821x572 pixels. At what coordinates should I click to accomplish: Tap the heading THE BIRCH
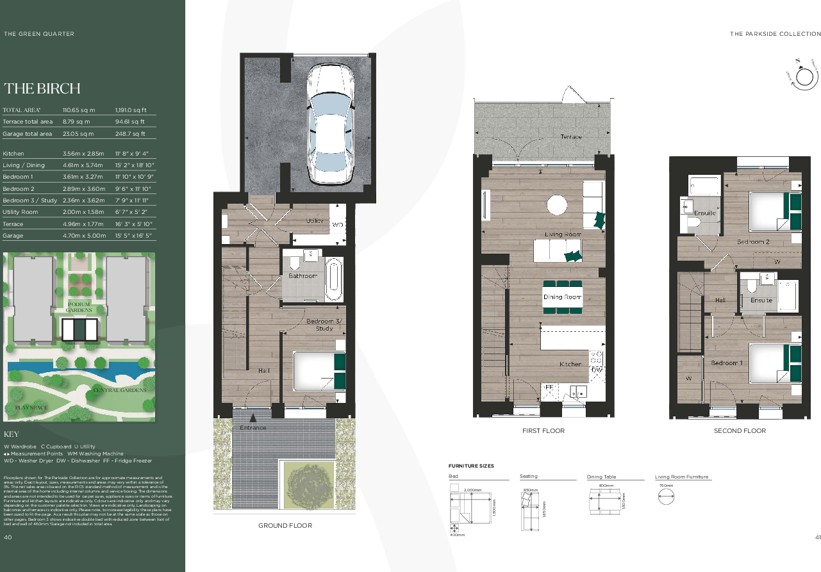coord(42,88)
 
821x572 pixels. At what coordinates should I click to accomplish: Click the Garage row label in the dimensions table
coord(13,236)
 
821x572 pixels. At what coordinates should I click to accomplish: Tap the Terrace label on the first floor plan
coord(571,137)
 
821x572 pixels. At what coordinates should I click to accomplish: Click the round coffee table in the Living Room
coord(557,206)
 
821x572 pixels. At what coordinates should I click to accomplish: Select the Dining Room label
coord(562,297)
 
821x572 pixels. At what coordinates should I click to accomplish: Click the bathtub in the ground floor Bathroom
coord(334,280)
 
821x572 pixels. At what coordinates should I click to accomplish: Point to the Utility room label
coord(315,221)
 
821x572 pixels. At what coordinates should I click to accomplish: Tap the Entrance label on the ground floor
coord(253,428)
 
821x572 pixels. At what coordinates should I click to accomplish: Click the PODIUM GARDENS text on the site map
coord(79,307)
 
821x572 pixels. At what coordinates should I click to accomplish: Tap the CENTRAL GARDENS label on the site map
coord(119,390)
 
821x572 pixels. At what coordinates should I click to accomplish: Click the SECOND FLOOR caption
coord(740,431)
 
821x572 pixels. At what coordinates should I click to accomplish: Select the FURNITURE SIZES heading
coord(471,466)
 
